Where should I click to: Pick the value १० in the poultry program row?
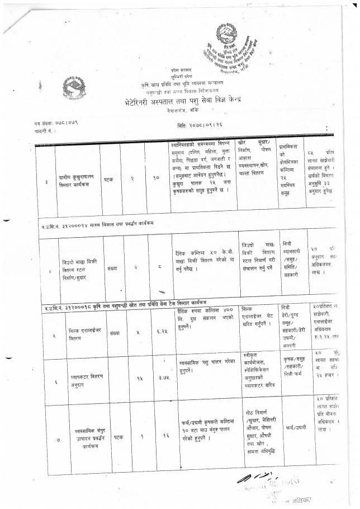tap(158, 166)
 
